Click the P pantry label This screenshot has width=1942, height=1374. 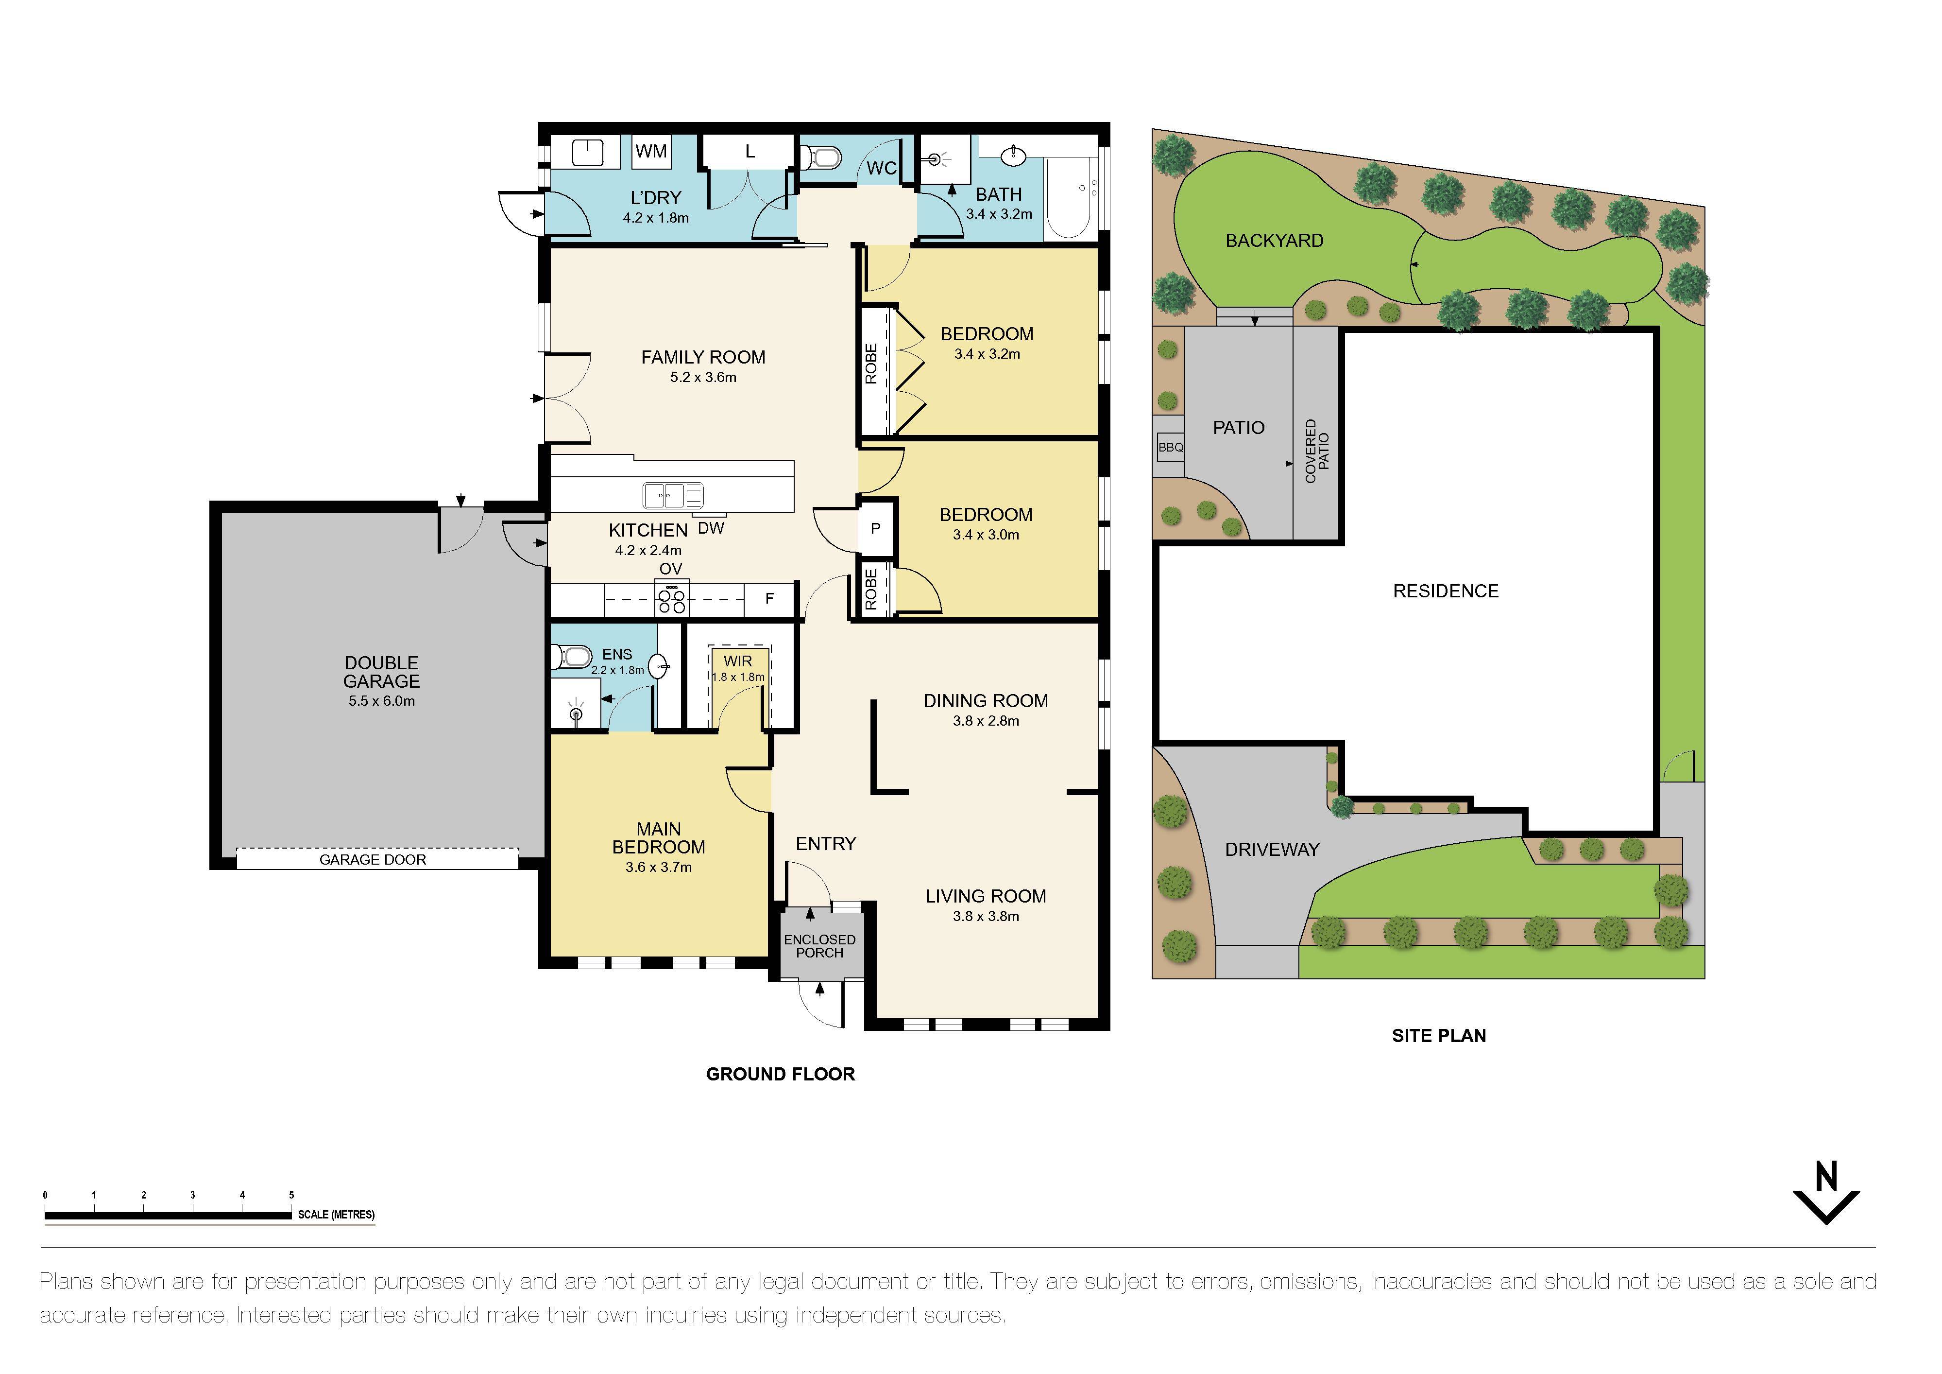(x=875, y=529)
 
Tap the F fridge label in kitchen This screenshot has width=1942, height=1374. (x=770, y=598)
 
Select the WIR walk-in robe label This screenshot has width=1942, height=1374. (x=737, y=661)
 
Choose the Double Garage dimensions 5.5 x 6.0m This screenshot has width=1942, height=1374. (x=381, y=700)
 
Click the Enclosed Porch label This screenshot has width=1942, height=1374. (x=819, y=946)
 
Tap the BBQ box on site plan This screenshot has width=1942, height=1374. (x=1171, y=448)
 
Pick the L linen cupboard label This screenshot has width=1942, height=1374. (x=750, y=152)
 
